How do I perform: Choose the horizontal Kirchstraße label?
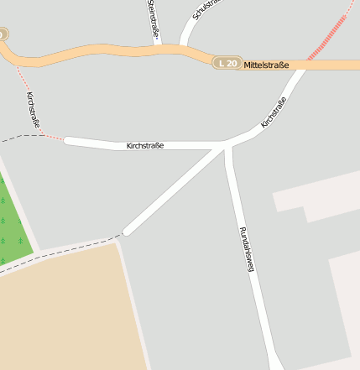(144, 146)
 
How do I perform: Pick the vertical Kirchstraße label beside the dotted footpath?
(34, 109)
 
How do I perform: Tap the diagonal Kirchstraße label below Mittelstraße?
(274, 112)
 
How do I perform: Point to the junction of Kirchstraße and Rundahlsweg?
(226, 147)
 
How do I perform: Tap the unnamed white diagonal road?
(176, 189)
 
